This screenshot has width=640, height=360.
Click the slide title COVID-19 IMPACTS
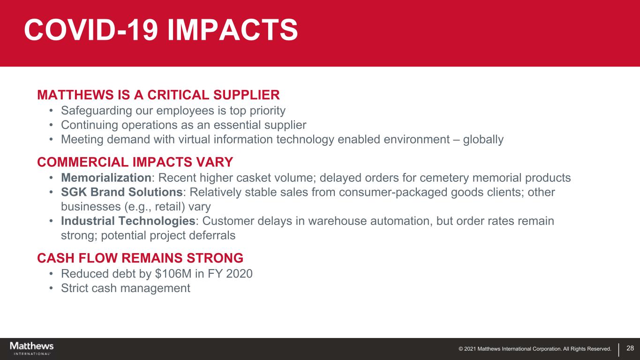point(161,30)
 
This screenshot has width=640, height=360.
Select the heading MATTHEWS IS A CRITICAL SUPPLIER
point(158,95)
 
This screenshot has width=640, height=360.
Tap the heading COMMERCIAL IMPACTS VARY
point(135,162)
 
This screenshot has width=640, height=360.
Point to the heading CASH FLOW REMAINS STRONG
point(140,258)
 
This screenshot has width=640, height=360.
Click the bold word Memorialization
point(106,178)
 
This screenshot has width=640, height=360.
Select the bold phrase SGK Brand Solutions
point(122,192)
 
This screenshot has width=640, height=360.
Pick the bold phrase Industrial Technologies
point(128,221)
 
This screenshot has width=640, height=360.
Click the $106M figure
point(173,274)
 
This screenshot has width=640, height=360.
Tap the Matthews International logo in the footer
point(32,348)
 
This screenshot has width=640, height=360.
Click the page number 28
point(630,348)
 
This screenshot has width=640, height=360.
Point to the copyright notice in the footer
point(535,349)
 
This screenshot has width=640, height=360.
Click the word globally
point(483,140)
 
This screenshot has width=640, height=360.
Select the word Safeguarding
point(97,111)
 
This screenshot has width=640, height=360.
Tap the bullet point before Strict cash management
point(51,288)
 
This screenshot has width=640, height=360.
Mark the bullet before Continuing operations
point(51,125)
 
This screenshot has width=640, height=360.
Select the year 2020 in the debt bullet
point(239,274)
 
